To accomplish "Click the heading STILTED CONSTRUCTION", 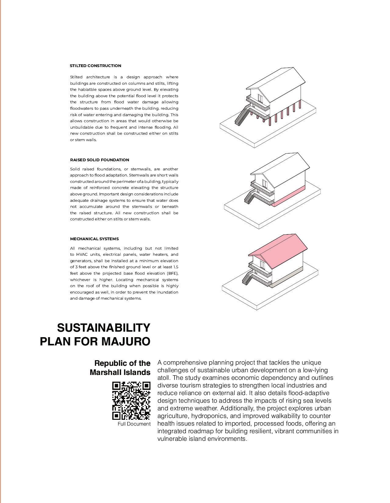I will click(95, 66).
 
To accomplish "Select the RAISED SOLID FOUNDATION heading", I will click(99, 160).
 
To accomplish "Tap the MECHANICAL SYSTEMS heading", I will click(94, 239).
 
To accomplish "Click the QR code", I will click(131, 400).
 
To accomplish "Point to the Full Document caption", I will click(134, 424).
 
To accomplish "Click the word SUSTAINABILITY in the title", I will click(103, 328).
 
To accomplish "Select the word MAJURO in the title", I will click(125, 341).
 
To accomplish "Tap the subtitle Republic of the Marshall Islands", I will click(121, 368).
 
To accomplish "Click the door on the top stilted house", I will click(260, 98).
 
